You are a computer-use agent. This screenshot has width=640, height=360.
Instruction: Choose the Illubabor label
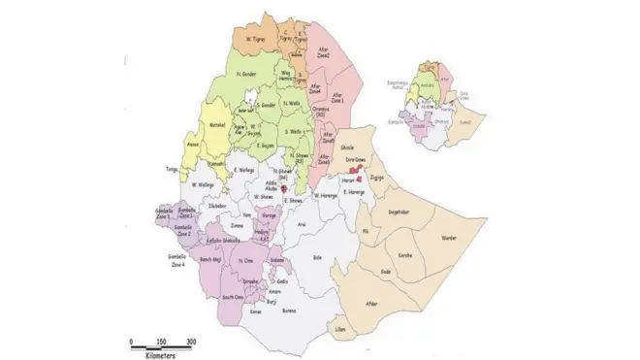coord(218,205)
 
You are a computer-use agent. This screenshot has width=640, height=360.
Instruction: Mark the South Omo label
coord(233,298)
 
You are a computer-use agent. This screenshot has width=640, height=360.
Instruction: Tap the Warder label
coord(449,237)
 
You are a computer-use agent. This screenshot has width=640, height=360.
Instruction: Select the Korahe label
coord(404,254)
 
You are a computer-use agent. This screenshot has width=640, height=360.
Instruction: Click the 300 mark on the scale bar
coord(191,341)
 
